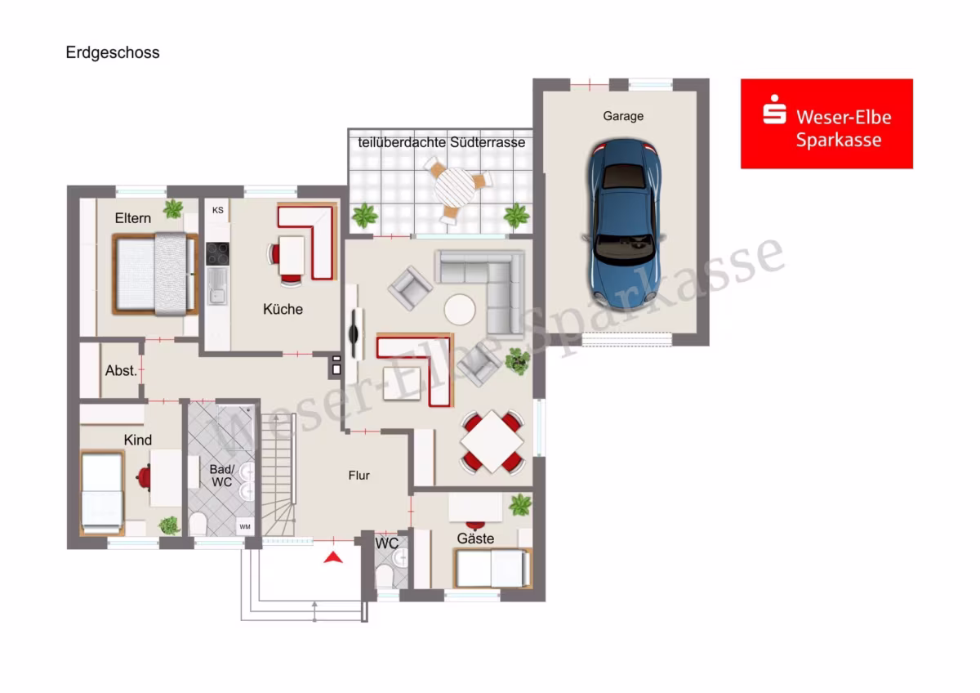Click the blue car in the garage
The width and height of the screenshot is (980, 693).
[624, 224]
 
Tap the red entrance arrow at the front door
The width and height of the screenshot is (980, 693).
[333, 557]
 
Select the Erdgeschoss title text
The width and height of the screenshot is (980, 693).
[113, 52]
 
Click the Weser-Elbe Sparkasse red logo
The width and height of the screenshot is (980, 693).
[826, 123]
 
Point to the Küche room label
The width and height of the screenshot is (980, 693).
[283, 309]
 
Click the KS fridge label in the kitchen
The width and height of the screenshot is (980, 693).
[217, 210]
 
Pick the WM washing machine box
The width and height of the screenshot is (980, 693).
[245, 526]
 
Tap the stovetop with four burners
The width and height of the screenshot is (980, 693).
[217, 254]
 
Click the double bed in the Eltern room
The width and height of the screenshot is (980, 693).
[155, 274]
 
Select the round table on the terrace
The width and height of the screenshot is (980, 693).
[455, 188]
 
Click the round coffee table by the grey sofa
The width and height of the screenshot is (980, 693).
[459, 309]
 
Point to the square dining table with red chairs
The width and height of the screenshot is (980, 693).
[492, 442]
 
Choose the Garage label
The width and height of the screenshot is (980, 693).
[623, 116]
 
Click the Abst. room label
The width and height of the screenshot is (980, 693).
[121, 371]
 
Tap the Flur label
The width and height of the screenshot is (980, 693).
[359, 476]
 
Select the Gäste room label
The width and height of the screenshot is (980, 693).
[475, 539]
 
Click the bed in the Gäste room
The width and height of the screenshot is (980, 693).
[493, 568]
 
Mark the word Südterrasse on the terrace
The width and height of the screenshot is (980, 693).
[488, 142]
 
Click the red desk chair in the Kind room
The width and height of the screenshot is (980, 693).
[144, 478]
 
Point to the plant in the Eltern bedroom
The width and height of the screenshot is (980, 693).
[173, 209]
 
